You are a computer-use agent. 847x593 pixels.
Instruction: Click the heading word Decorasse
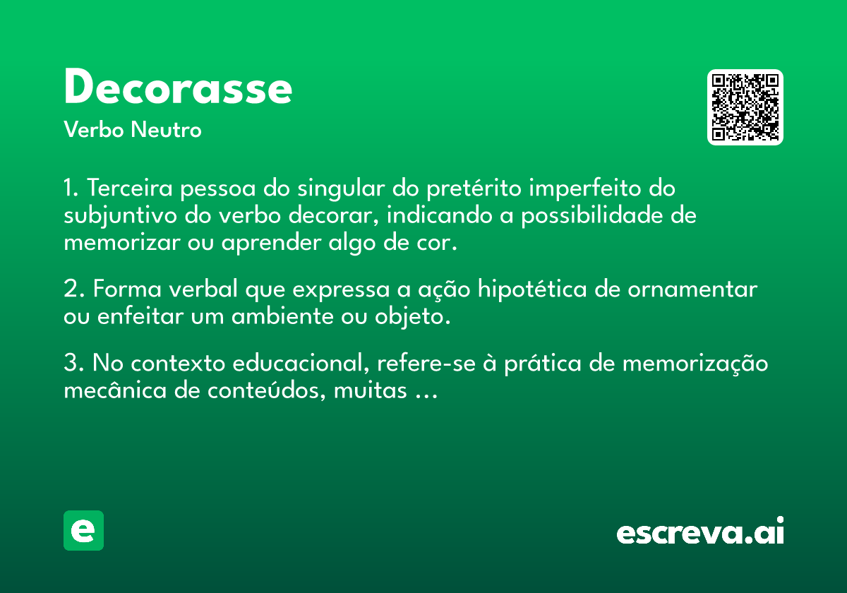[x=178, y=86]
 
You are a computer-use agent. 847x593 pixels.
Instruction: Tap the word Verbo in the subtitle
[x=94, y=129]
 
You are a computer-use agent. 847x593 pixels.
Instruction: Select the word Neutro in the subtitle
[x=166, y=129]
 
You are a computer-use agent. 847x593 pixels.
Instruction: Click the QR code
[x=745, y=107]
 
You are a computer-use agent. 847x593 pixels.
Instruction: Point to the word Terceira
[x=130, y=188]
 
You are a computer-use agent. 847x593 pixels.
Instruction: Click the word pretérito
[x=474, y=188]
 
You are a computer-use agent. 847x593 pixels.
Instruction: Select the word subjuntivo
[x=120, y=216]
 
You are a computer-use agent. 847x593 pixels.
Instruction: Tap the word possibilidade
[x=592, y=215]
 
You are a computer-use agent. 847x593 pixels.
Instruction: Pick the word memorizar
[x=122, y=242]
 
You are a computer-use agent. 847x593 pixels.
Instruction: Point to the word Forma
[x=128, y=289]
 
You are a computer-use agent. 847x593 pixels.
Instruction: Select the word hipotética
[x=532, y=289]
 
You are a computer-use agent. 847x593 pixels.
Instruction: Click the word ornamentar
[x=692, y=289]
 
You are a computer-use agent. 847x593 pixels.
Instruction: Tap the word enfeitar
[x=140, y=316]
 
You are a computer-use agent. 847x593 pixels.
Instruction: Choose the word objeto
[x=413, y=317]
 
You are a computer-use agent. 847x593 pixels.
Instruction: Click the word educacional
[x=301, y=364]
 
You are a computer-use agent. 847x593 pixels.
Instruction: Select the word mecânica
[x=115, y=390]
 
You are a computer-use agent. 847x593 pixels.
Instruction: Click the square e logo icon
[x=83, y=530]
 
